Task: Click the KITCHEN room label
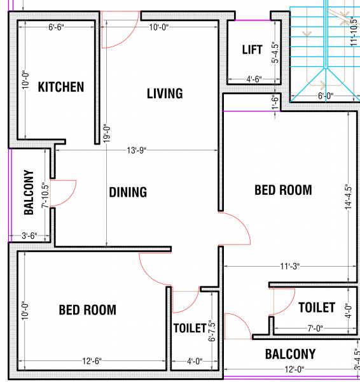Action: (60, 87)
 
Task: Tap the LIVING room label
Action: (165, 94)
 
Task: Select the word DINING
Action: (127, 192)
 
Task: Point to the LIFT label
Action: (253, 50)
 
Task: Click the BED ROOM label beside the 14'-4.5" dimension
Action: (283, 190)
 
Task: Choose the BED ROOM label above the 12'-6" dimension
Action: (87, 310)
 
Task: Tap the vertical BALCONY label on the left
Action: (29, 193)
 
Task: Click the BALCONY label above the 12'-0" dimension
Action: (290, 354)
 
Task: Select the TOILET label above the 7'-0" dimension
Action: (316, 308)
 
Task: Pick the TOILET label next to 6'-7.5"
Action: (190, 329)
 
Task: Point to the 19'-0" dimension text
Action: (107, 136)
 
